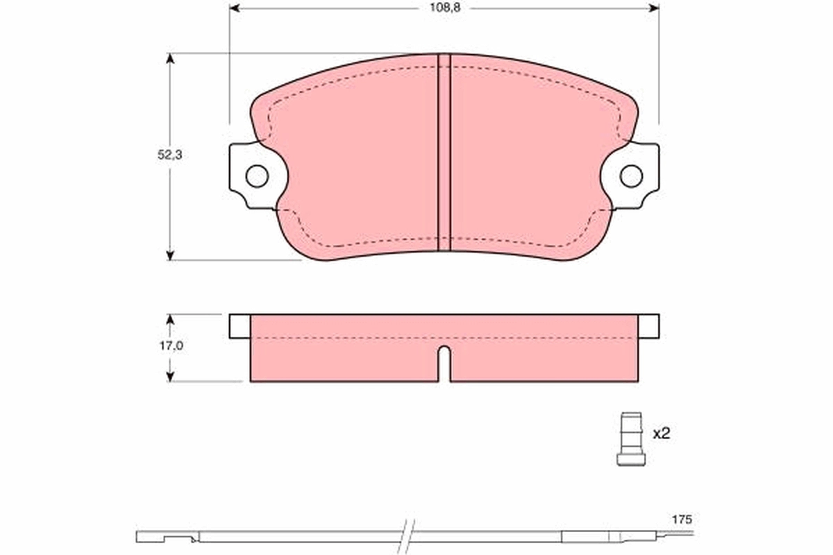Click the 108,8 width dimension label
[445, 8]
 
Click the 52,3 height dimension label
[170, 155]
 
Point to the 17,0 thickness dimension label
[171, 345]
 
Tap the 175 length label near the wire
[682, 520]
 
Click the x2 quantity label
[662, 434]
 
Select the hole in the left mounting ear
[257, 176]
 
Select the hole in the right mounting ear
[631, 176]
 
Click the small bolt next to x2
[631, 439]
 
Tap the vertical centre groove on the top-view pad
[444, 153]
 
